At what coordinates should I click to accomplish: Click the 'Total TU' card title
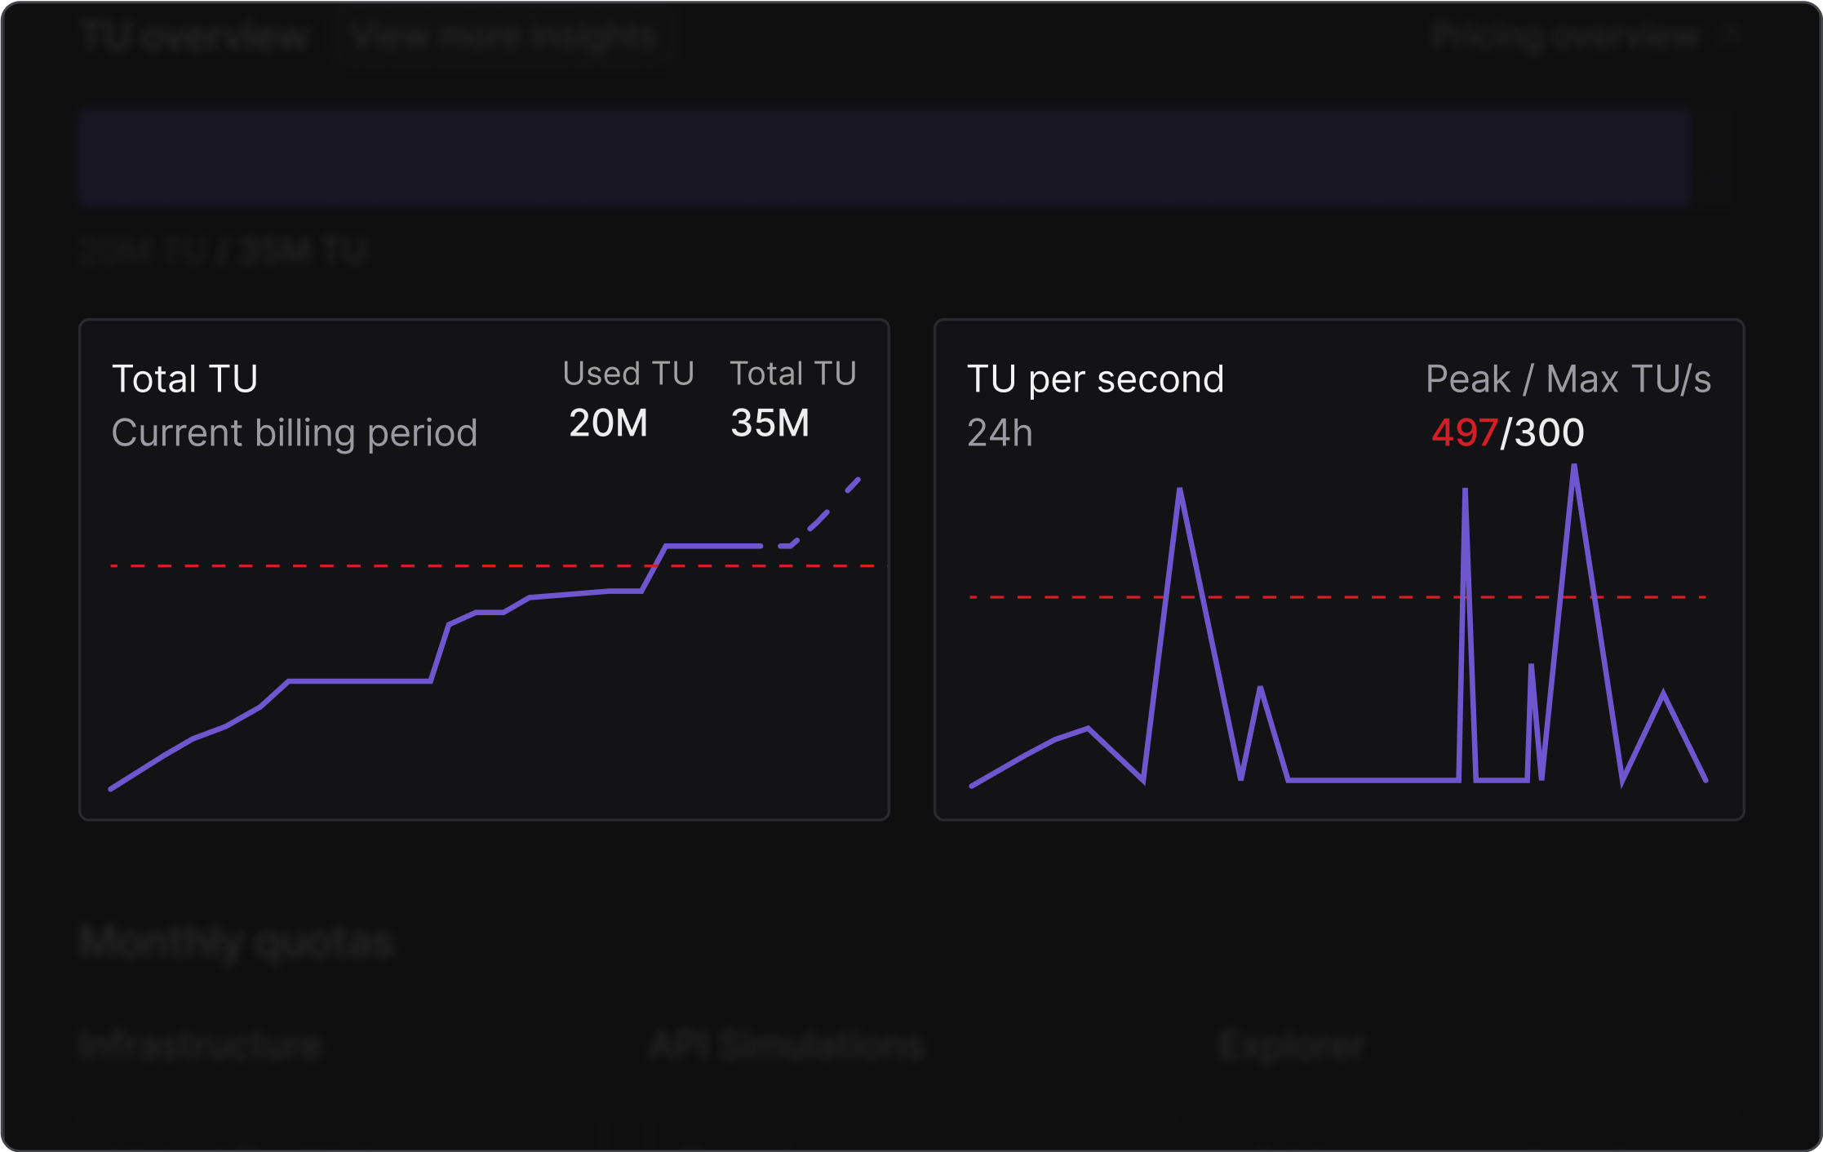[x=184, y=379]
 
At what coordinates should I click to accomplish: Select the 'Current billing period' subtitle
[x=294, y=433]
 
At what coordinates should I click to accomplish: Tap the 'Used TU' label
[x=628, y=374]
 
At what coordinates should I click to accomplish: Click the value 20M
[x=608, y=423]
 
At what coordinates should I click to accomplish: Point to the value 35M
[x=770, y=423]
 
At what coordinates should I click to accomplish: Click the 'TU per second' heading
[x=1095, y=379]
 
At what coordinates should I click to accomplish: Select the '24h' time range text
[x=1000, y=433]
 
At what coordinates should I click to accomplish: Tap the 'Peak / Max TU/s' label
[x=1568, y=379]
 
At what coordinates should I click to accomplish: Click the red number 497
[x=1464, y=433]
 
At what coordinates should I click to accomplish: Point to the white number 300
[x=1549, y=433]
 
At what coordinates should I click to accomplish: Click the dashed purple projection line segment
[x=820, y=520]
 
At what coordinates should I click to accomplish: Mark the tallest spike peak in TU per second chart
[x=1573, y=467]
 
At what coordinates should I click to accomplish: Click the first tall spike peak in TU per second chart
[x=1180, y=490]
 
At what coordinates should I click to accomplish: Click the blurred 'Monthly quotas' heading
[x=237, y=942]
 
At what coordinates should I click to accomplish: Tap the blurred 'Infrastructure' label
[x=201, y=1045]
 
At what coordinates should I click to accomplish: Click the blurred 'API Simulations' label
[x=787, y=1045]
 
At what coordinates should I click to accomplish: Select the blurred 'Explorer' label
[x=1291, y=1045]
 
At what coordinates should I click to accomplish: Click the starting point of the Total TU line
[x=112, y=788]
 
